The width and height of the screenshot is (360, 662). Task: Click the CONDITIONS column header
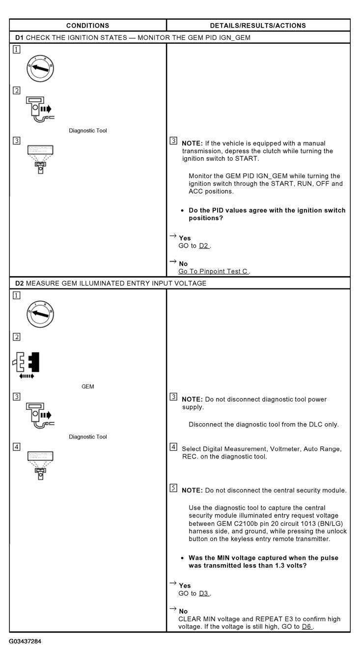click(88, 26)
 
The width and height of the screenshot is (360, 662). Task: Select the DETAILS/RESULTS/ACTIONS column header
click(258, 26)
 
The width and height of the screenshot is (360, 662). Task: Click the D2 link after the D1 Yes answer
click(204, 246)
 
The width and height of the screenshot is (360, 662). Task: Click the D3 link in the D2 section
click(204, 593)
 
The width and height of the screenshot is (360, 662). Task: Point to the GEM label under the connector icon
click(88, 387)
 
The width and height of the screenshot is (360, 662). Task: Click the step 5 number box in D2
click(173, 489)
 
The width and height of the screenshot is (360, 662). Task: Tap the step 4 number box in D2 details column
click(173, 447)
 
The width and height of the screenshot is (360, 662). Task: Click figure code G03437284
click(25, 642)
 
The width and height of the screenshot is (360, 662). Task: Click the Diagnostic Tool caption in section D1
click(88, 131)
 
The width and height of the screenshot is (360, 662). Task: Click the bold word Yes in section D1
click(185, 238)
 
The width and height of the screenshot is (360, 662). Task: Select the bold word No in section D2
click(183, 611)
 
